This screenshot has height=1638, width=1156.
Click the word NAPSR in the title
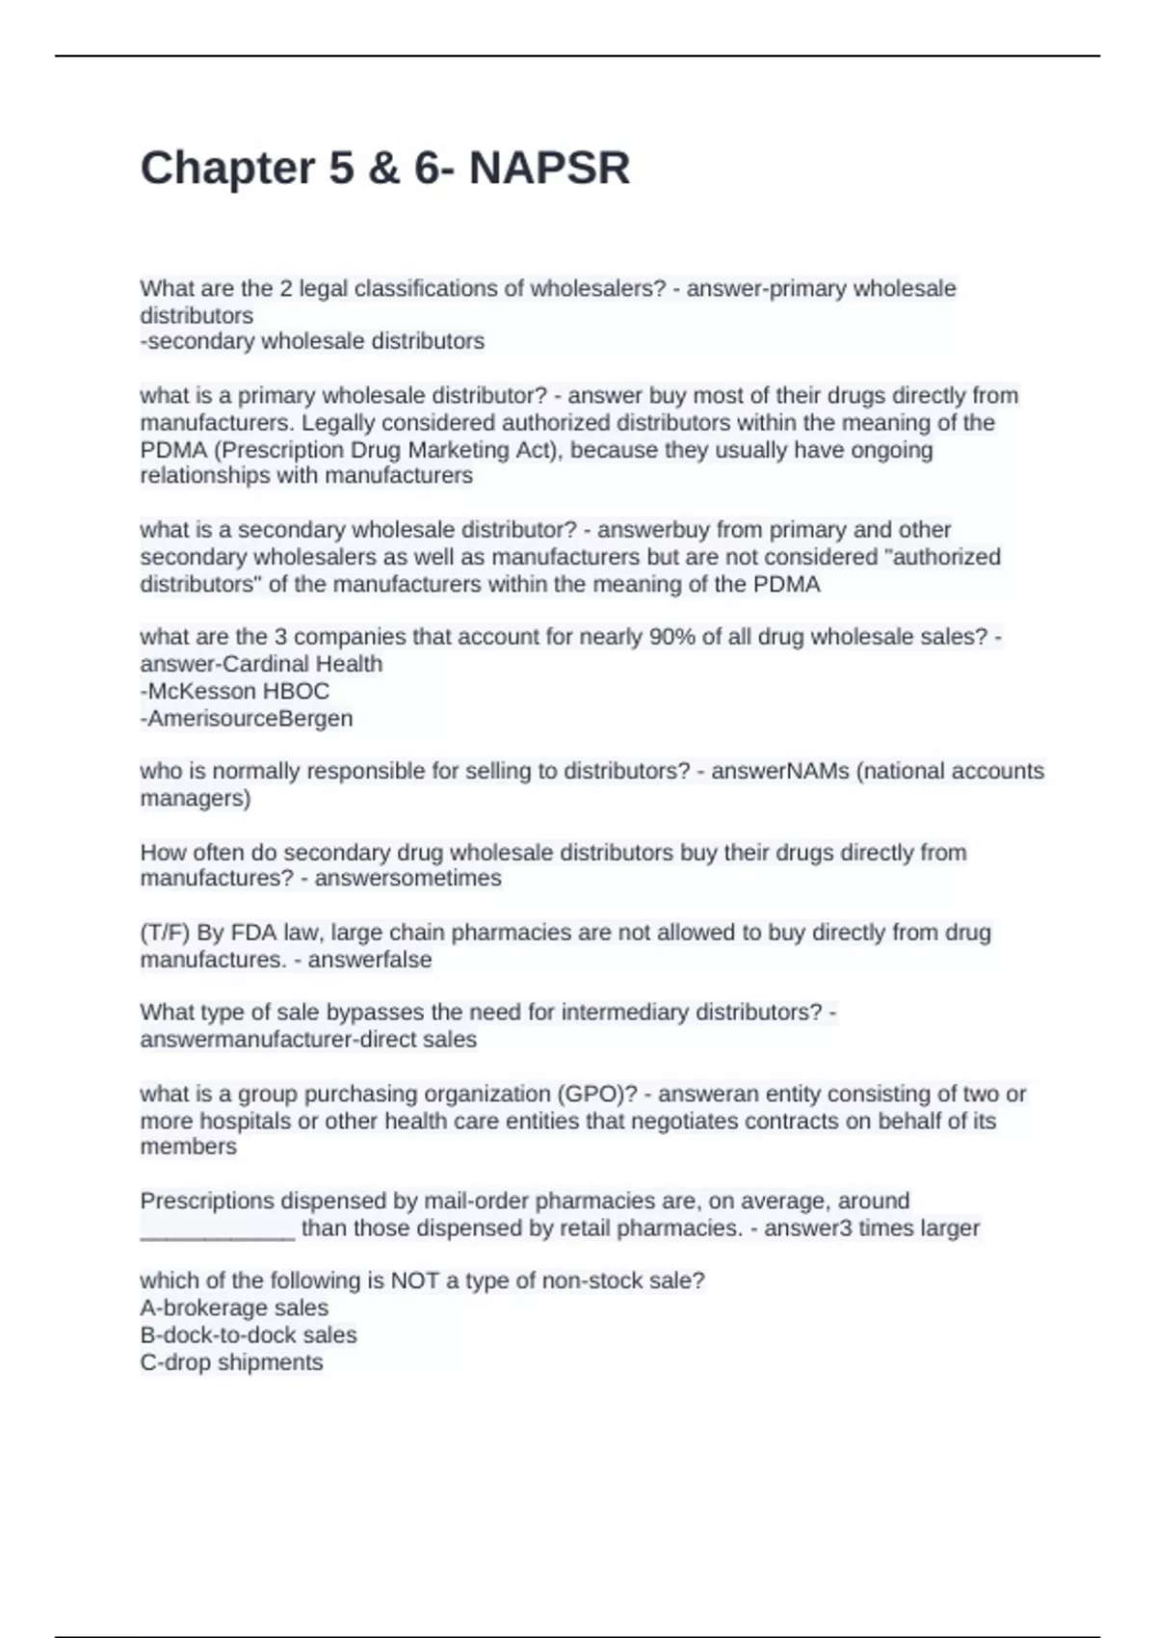(x=549, y=169)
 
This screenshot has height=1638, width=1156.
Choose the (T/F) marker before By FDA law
(x=165, y=933)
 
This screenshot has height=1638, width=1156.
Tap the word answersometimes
(x=408, y=879)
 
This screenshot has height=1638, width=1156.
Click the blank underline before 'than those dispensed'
(x=218, y=1229)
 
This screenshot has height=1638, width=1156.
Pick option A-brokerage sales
(x=234, y=1308)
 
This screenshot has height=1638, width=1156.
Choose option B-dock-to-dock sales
(x=249, y=1335)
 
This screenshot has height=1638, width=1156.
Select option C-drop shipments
(x=231, y=1362)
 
